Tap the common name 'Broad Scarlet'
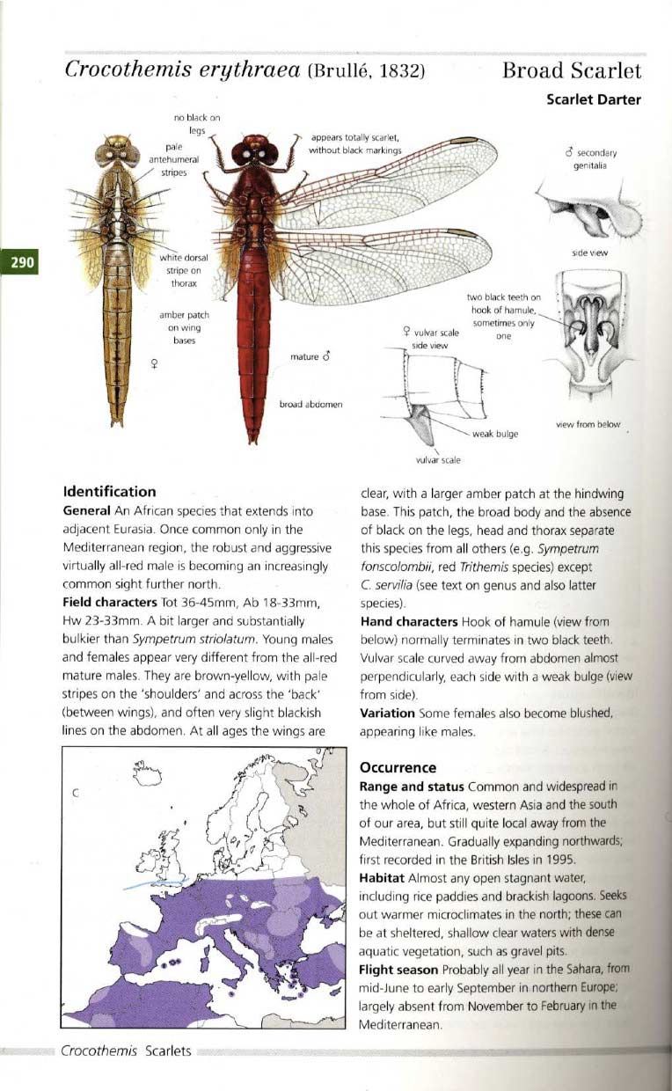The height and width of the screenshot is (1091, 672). pyautogui.click(x=572, y=71)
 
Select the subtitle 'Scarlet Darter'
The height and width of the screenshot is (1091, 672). pyautogui.click(x=594, y=99)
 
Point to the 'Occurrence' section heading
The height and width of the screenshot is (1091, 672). pyautogui.click(x=399, y=767)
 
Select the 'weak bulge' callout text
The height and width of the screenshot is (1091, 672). pyautogui.click(x=495, y=434)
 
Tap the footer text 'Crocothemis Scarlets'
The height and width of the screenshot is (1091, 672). pyautogui.click(x=127, y=1052)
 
